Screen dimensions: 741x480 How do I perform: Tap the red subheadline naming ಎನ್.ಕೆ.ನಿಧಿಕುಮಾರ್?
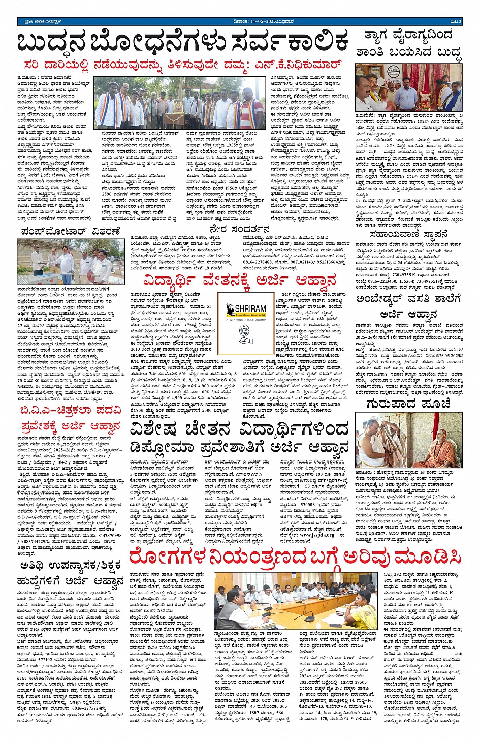pyautogui.click(x=183, y=65)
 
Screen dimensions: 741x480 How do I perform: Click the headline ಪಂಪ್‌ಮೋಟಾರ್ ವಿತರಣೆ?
pyautogui.click(x=71, y=231)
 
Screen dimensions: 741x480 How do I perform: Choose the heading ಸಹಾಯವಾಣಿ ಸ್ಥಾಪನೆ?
pyautogui.click(x=408, y=234)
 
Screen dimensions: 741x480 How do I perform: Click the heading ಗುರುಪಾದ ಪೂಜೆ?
pyautogui.click(x=408, y=404)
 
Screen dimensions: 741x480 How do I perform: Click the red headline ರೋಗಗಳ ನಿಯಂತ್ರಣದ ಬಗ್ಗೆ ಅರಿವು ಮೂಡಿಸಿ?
pyautogui.click(x=295, y=558)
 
